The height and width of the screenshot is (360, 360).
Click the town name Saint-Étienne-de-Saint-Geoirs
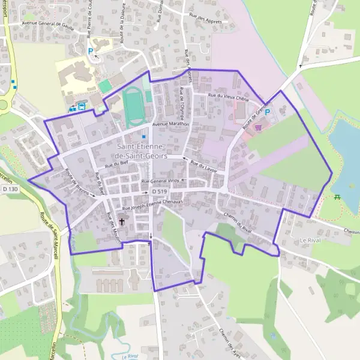[x=143, y=151]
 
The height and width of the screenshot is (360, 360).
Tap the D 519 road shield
[x=158, y=191]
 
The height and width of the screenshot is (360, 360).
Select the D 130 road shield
[x=10, y=190]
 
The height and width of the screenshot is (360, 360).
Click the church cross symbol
[x=122, y=221]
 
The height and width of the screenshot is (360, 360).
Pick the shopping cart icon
[x=259, y=127]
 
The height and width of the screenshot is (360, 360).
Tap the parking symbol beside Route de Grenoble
[x=268, y=112]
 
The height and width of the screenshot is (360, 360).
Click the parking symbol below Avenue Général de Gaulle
[x=91, y=52]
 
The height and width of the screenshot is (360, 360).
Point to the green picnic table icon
[x=337, y=196]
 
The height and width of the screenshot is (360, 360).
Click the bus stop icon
[x=81, y=107]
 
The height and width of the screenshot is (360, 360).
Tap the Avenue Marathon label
[x=170, y=124]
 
